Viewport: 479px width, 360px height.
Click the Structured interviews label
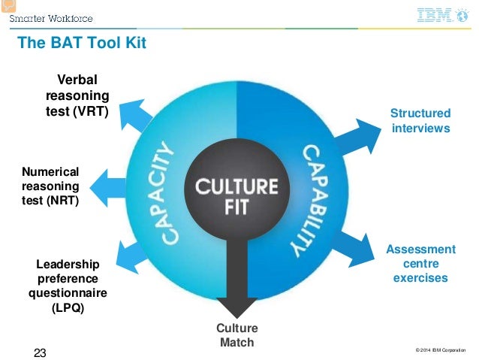click(420, 120)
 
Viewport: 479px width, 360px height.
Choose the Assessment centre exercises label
click(420, 263)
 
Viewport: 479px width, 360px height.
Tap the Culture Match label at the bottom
click(236, 335)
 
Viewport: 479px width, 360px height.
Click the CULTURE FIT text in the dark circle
click(237, 195)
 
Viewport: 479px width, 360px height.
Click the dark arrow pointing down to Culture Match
click(237, 286)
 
